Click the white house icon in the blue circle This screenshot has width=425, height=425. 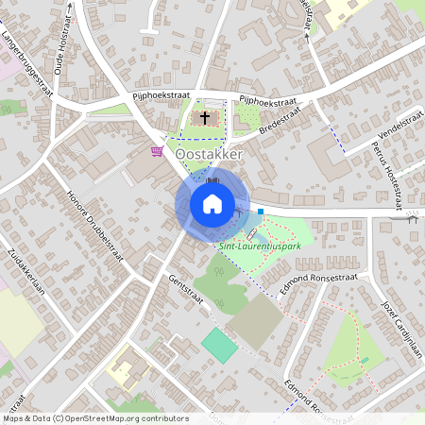(x=212, y=203)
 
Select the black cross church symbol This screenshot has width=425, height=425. (x=205, y=119)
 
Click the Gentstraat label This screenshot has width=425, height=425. (x=186, y=289)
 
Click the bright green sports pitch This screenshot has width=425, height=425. (x=220, y=343)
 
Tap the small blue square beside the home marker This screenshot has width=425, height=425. (x=261, y=212)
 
